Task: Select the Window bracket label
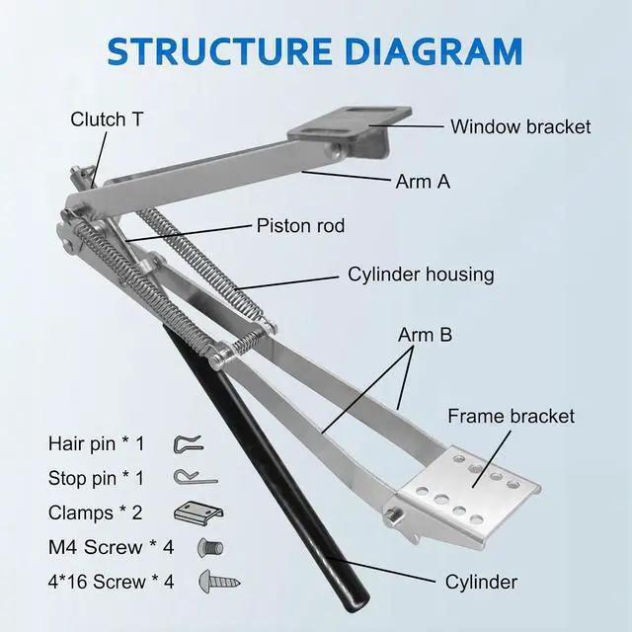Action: point(520,126)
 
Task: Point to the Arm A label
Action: point(430,182)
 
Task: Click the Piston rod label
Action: point(301,226)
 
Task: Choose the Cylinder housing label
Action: point(421,274)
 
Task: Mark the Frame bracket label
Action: point(511,416)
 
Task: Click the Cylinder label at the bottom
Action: point(481,582)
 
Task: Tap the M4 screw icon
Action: point(211,546)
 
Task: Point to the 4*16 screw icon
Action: point(212,581)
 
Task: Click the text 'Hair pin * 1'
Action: point(96,443)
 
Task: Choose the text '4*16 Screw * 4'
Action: point(111,581)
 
